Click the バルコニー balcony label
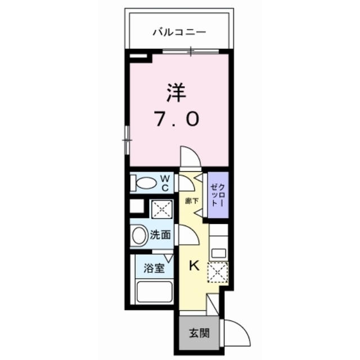[x=179, y=33]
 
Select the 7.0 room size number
[x=177, y=119]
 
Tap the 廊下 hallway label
[x=192, y=201]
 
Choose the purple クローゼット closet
[x=218, y=195]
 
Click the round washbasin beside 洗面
[x=139, y=236]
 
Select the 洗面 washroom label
[x=160, y=235]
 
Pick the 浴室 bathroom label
[x=154, y=268]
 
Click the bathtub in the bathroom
[x=154, y=292]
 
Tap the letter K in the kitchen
[x=194, y=266]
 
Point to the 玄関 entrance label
[x=199, y=333]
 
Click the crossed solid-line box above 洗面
[x=162, y=209]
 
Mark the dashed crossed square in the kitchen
[x=218, y=272]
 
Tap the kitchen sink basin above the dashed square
[x=219, y=254]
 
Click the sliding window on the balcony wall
[x=191, y=51]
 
